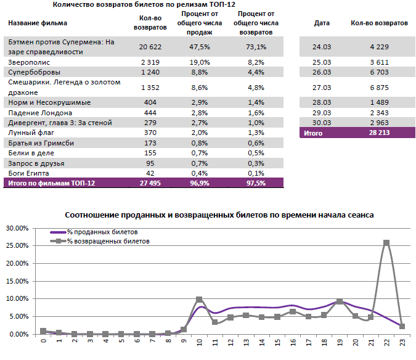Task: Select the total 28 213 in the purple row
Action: (x=379, y=133)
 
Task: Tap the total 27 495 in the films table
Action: (x=150, y=183)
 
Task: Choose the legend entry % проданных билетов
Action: (x=102, y=232)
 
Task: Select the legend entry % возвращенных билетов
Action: (x=108, y=242)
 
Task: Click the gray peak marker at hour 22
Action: (x=386, y=243)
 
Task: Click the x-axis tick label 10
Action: (x=199, y=343)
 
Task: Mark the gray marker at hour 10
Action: (x=199, y=300)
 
